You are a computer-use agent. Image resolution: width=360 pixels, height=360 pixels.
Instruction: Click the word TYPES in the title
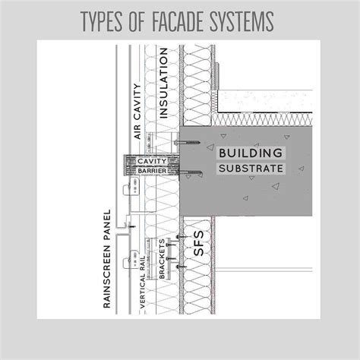pyautogui.click(x=102, y=21)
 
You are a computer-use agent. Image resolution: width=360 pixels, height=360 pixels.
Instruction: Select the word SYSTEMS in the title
pyautogui.click(x=242, y=21)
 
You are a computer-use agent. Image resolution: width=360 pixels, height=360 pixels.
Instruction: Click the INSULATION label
pyautogui.click(x=163, y=83)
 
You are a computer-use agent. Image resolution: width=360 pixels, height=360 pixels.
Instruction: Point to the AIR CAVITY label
pyautogui.click(x=137, y=111)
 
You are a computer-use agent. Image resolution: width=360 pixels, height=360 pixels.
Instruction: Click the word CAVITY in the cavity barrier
pyautogui.click(x=152, y=161)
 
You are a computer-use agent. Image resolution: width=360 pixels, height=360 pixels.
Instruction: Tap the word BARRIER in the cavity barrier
pyautogui.click(x=152, y=171)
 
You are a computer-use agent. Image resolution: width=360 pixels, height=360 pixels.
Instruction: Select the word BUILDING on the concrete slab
pyautogui.click(x=251, y=153)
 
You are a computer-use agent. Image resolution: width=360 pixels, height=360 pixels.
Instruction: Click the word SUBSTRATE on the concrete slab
pyautogui.click(x=251, y=169)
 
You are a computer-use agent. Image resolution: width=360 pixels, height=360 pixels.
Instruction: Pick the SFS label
pyautogui.click(x=198, y=243)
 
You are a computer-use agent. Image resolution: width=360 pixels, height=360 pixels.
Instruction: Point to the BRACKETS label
pyautogui.click(x=162, y=258)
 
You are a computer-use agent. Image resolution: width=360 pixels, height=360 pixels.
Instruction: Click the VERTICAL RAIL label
pyautogui.click(x=142, y=282)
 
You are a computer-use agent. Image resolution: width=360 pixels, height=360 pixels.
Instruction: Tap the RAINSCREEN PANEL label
pyautogui.click(x=107, y=258)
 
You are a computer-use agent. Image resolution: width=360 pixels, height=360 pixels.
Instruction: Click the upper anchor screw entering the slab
pyautogui.click(x=188, y=143)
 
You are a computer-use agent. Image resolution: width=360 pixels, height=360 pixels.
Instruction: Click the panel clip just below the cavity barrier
pyautogui.click(x=131, y=187)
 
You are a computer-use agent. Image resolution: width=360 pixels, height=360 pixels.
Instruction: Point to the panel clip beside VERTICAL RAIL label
pyautogui.click(x=131, y=260)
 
